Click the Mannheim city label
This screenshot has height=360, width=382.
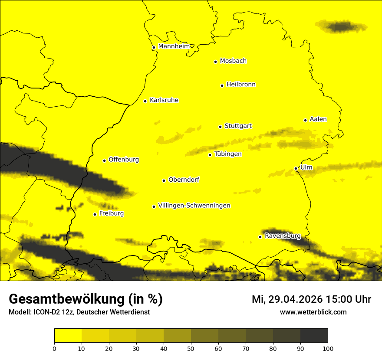[x=174, y=46]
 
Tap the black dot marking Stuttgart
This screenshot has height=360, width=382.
[x=220, y=127]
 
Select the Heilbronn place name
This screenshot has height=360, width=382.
[x=241, y=85]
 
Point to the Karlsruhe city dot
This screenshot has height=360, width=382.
[x=145, y=101]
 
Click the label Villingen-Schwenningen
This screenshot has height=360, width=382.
[x=194, y=206]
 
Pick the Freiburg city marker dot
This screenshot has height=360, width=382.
[x=95, y=214]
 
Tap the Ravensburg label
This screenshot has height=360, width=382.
[x=282, y=236]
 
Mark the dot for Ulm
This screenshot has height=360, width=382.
[x=296, y=168]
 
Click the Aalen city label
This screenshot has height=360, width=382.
[x=318, y=119]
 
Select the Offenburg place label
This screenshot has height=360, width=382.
[x=124, y=160]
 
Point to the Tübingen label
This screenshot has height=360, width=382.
[x=228, y=154]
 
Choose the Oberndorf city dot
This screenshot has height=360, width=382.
[x=164, y=180]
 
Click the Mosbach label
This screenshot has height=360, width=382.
[x=233, y=61]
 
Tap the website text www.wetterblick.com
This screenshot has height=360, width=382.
[x=313, y=312]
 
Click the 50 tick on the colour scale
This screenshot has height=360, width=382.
[x=191, y=348]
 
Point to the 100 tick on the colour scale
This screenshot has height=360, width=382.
[x=327, y=348]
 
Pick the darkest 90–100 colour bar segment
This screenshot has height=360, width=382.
[x=314, y=336]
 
